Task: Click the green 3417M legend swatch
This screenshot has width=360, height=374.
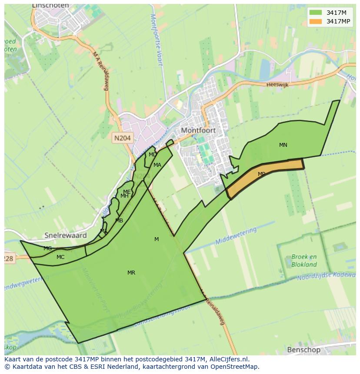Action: pos(316,13)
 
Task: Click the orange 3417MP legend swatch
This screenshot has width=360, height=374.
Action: pos(316,21)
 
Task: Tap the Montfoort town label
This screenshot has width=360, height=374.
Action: pos(198,130)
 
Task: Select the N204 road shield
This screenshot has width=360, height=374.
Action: pos(122,138)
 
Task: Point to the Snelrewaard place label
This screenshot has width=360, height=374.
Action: pos(66,235)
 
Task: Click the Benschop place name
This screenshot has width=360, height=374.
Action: pos(303,350)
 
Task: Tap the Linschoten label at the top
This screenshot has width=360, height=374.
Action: pos(50,6)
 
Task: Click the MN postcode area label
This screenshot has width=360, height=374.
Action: pos(283,145)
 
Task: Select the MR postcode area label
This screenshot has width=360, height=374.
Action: pos(131,273)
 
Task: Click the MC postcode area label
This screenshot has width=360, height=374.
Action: pos(60,257)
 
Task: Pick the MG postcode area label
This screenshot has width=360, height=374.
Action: pos(47,248)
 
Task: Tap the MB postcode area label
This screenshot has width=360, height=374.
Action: pos(119,221)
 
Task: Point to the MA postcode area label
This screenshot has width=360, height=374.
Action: pos(157,165)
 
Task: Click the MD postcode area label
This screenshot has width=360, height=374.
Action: pos(153,155)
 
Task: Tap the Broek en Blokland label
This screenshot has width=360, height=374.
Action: pos(304,261)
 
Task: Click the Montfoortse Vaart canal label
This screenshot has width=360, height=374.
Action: pos(156,39)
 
